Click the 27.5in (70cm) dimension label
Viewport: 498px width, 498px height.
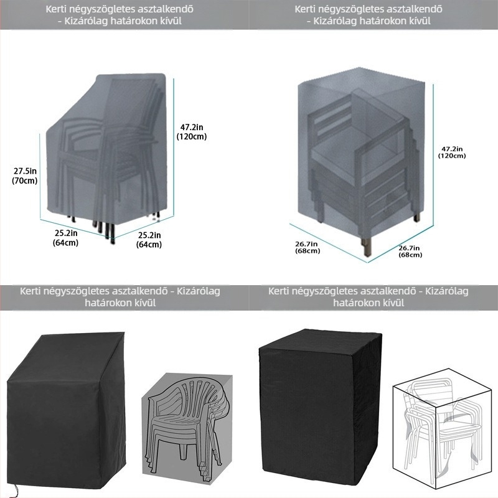pos(25,176)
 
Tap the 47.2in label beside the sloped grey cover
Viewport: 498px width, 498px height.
pos(192,132)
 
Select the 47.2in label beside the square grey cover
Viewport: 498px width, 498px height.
pos(452,152)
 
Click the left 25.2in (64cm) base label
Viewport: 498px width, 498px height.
pos(66,238)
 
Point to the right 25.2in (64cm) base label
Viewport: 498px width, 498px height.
pos(149,240)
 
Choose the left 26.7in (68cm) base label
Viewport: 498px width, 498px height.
pos(308,247)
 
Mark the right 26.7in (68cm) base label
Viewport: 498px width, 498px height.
pos(410,251)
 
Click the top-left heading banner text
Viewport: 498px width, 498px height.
pos(120,15)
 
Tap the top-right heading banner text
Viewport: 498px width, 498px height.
pos(369,15)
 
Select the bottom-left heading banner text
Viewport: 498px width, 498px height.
pos(120,297)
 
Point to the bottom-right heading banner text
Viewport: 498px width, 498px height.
pos(369,297)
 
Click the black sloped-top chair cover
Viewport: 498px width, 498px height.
pos(66,412)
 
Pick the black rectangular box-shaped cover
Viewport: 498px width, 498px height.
pos(320,411)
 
